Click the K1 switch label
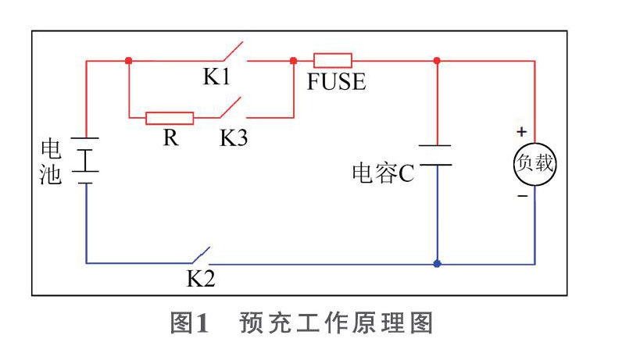click(219, 77)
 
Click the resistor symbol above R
click(170, 118)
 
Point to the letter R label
click(169, 138)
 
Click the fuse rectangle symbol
click(332, 59)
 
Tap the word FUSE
click(336, 81)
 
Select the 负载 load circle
click(535, 164)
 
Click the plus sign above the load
click(522, 132)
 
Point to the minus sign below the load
click(522, 196)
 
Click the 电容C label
click(382, 173)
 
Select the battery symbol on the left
click(86, 160)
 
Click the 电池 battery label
click(51, 162)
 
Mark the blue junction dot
click(437, 264)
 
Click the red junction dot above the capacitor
click(437, 60)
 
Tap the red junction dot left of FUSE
click(293, 60)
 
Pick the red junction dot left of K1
click(127, 60)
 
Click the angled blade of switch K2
click(199, 256)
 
